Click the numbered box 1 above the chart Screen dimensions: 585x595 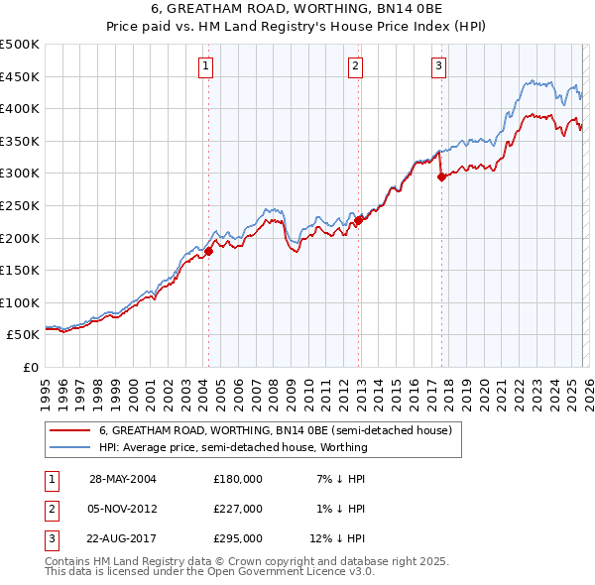206,66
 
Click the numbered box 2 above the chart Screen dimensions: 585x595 355,66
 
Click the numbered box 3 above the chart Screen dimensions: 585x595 438,66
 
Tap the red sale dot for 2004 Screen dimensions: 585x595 209,251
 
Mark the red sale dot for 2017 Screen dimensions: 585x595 441,177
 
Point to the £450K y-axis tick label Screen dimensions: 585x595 20,76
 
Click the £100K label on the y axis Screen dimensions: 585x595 20,302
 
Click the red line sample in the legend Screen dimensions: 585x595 69,430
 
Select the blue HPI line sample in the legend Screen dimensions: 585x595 69,447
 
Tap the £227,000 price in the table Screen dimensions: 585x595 238,508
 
